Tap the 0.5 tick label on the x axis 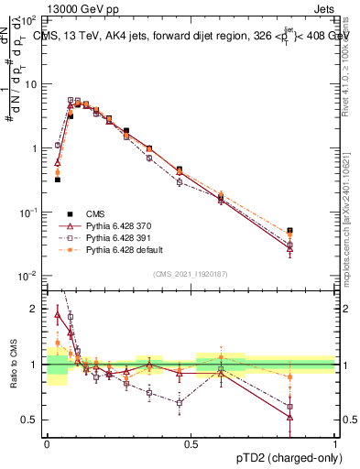coord(191,443)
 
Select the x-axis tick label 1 coord(335,443)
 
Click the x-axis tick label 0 coord(47,443)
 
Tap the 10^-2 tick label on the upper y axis coord(28,276)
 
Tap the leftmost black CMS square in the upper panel coord(57,180)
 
